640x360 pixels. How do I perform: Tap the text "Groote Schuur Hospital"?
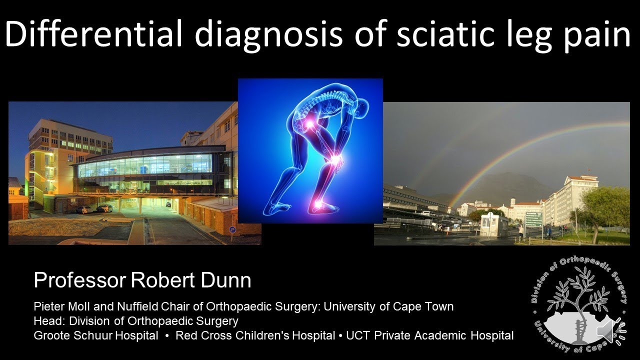(95, 335)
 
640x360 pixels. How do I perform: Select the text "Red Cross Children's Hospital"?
(255, 335)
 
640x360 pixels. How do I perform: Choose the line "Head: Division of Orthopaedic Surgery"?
(135, 321)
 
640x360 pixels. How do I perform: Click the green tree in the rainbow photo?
(607, 205)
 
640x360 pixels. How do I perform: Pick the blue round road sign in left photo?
(232, 229)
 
